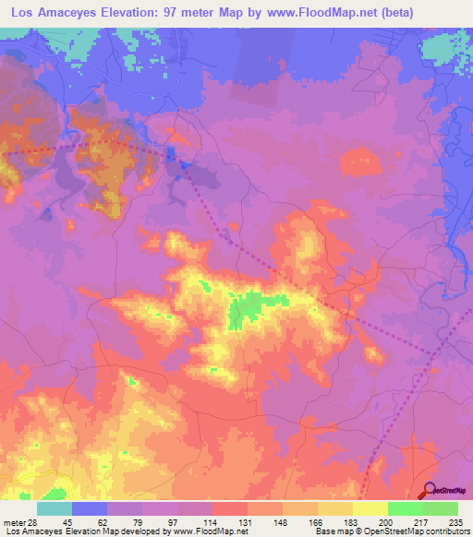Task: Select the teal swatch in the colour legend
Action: click(55, 508)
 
